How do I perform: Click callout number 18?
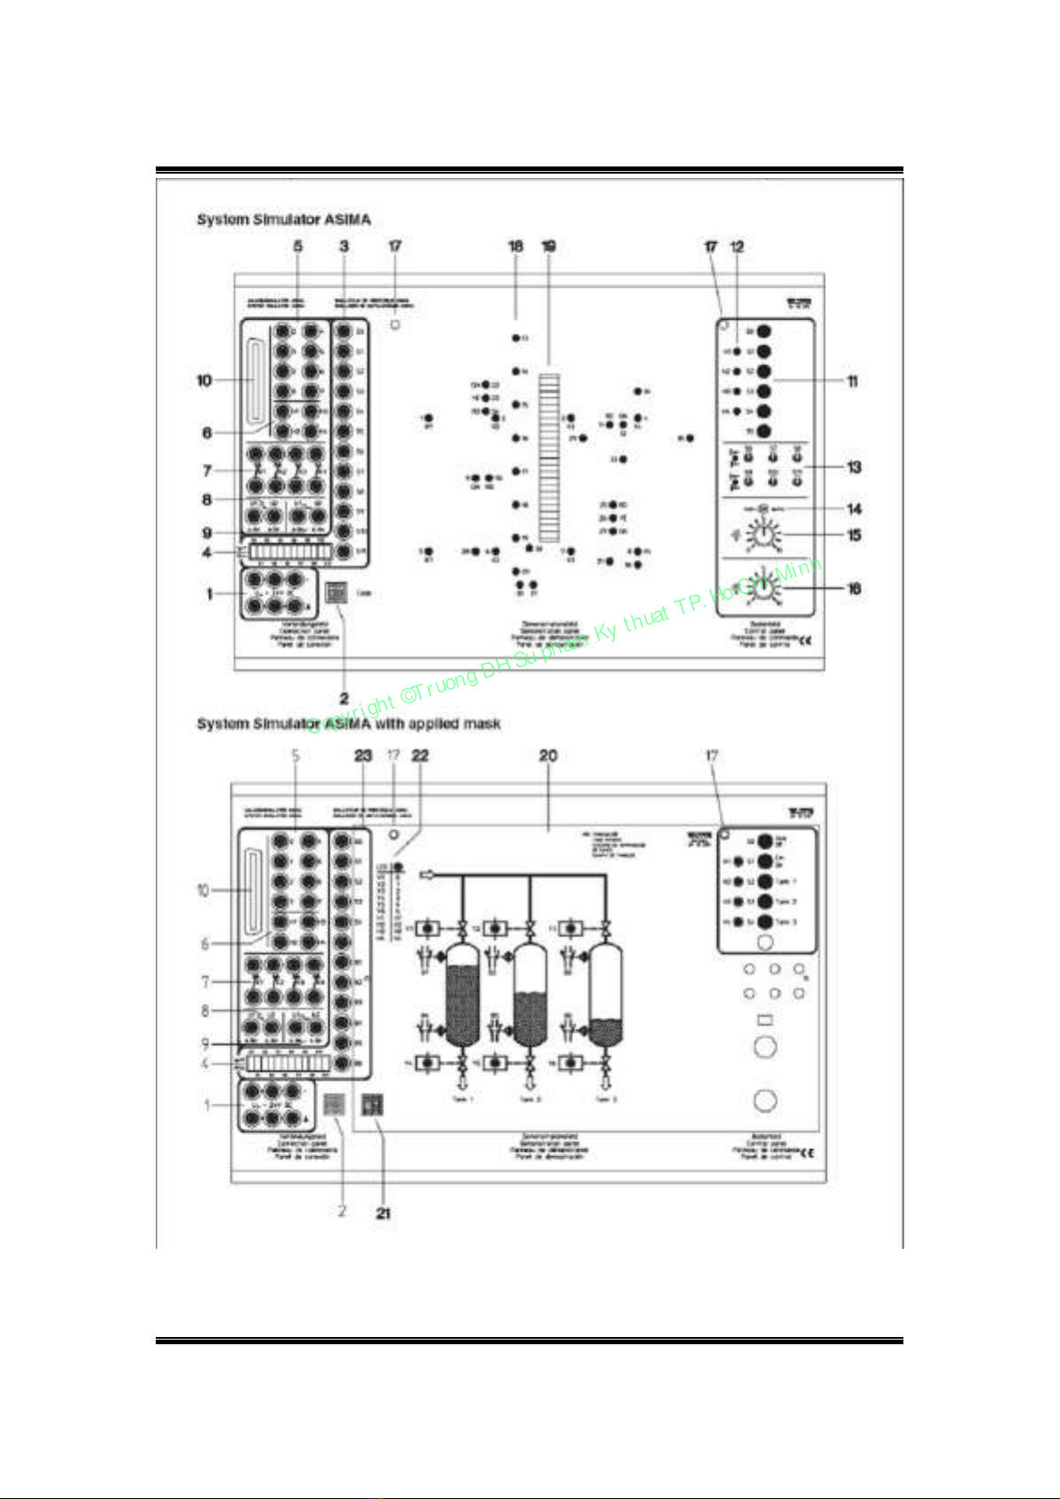tap(516, 247)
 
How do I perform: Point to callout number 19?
tap(549, 247)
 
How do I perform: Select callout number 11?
tap(852, 382)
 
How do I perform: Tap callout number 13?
tap(854, 467)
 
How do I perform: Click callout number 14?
tap(854, 509)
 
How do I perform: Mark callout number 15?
tap(854, 535)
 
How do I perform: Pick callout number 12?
tap(737, 247)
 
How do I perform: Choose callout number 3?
tap(344, 247)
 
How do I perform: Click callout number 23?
tap(363, 756)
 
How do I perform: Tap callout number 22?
tap(420, 756)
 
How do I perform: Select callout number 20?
tap(548, 756)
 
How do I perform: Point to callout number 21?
tap(383, 1212)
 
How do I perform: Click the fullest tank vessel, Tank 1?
tap(462, 994)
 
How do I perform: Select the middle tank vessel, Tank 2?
tap(530, 994)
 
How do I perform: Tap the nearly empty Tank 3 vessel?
tap(606, 994)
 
